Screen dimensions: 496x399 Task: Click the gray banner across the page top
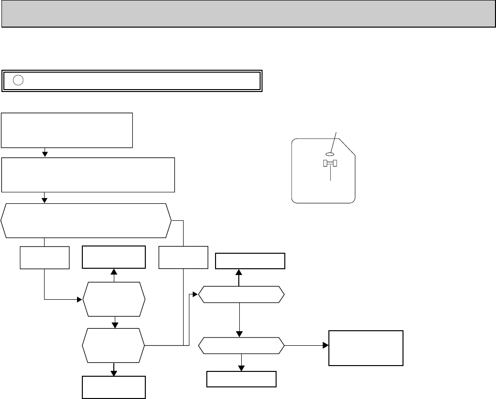pyautogui.click(x=248, y=14)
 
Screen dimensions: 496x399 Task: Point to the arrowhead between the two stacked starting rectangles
pyautogui.click(x=45, y=154)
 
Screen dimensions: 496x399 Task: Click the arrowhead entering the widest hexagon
pyautogui.click(x=45, y=199)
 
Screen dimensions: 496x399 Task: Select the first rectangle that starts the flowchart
pyautogui.click(x=67, y=130)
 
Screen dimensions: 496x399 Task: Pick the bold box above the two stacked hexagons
pyautogui.click(x=114, y=257)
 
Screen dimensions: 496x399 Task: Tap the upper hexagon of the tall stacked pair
pyautogui.click(x=114, y=300)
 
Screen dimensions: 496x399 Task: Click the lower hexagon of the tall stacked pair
pyautogui.click(x=114, y=345)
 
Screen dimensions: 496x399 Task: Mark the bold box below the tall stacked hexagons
pyautogui.click(x=114, y=386)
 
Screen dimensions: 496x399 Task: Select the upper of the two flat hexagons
pyautogui.click(x=241, y=294)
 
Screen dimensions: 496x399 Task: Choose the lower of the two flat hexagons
pyautogui.click(x=241, y=346)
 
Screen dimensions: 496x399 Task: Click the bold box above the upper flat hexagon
pyautogui.click(x=250, y=261)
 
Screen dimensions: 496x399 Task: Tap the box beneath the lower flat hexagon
pyautogui.click(x=241, y=379)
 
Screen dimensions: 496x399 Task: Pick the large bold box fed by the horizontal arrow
pyautogui.click(x=366, y=348)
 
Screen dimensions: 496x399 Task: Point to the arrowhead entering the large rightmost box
pyautogui.click(x=326, y=346)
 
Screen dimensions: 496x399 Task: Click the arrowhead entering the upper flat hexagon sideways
pyautogui.click(x=196, y=294)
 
